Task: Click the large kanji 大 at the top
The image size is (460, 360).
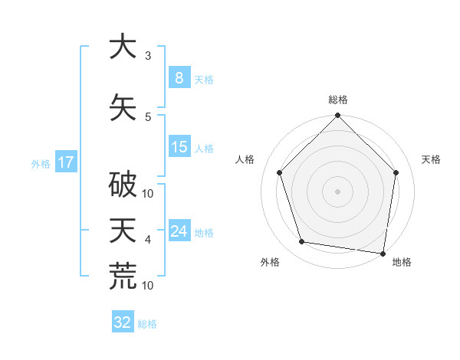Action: (x=123, y=47)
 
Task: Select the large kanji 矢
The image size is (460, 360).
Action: (x=123, y=106)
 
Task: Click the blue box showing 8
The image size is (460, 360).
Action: (x=179, y=78)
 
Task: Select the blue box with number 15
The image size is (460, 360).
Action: (x=179, y=147)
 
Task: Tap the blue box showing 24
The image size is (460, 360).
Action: (x=179, y=231)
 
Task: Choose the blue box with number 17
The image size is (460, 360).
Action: (x=65, y=162)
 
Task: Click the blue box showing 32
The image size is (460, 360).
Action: (x=123, y=322)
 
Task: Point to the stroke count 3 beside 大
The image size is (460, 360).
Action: (x=148, y=56)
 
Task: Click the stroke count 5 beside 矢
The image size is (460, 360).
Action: (x=148, y=116)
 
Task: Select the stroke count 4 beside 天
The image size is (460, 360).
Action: (x=148, y=240)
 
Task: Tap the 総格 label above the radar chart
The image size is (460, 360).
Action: (x=337, y=100)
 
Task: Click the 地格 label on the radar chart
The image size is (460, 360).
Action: (x=402, y=262)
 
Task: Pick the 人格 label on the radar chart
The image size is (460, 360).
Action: (x=245, y=159)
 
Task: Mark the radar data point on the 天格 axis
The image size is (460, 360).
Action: (x=396, y=172)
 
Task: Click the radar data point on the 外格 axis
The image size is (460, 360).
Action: (x=302, y=242)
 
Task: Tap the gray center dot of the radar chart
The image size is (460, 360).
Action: (x=337, y=191)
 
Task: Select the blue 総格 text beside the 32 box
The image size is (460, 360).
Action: (x=147, y=324)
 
